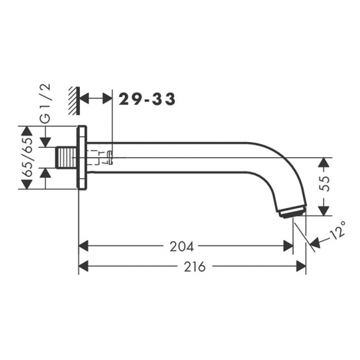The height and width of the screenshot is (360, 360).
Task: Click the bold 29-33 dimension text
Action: click(147, 99)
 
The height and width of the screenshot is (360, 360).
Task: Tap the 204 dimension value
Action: click(181, 247)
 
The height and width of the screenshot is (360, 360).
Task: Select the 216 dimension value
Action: click(194, 267)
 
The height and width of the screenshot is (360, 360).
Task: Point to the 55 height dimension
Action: click(325, 183)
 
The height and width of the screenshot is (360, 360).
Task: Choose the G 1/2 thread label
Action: click(45, 103)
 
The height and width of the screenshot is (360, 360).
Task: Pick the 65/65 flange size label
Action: click(28, 157)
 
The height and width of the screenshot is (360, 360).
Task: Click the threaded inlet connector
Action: click(66, 158)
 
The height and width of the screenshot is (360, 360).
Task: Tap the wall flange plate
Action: click(82, 158)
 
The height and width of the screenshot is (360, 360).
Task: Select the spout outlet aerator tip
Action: click(293, 211)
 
